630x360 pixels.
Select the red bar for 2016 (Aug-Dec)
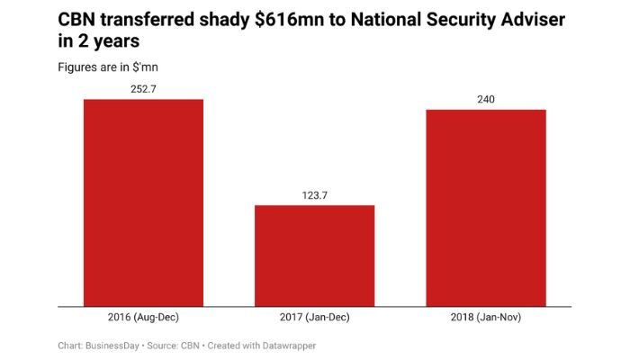144,202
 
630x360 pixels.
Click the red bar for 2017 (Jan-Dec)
314,256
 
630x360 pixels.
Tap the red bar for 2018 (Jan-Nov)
485,208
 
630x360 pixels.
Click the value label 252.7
144,88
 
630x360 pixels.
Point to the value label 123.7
314,194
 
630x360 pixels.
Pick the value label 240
485,99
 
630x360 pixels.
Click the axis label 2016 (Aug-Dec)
144,318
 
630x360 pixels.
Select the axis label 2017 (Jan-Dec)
314,318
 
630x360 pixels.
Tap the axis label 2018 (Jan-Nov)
485,318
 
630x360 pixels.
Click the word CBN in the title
77,19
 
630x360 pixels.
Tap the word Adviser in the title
531,19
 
